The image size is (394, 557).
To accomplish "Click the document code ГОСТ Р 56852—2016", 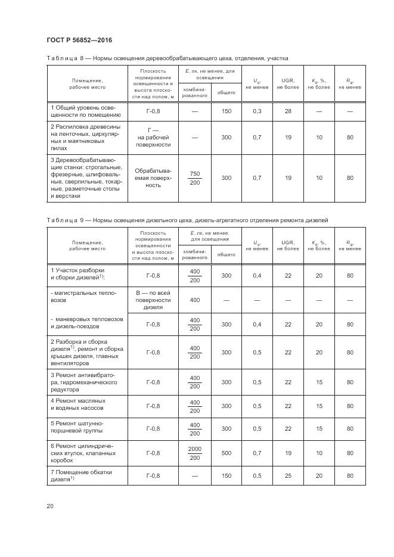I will [79, 40].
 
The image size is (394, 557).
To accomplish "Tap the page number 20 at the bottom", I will [50, 506].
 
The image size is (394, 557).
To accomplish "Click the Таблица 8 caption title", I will [167, 59].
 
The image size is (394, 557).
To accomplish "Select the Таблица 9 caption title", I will [187, 220].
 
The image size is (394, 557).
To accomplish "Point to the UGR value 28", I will [287, 111].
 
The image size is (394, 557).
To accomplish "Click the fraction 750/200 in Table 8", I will [194, 178].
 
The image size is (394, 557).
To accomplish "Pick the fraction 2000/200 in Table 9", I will [194, 453].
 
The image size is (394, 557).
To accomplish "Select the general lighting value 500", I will [226, 453].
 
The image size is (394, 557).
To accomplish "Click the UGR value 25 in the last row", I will [287, 475].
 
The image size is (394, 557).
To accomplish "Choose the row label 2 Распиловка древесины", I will [85, 138].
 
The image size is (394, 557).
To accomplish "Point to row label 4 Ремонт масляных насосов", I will [78, 406].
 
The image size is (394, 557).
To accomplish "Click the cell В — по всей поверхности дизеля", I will [153, 300].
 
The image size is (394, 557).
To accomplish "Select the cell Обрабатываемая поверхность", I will [153, 178].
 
